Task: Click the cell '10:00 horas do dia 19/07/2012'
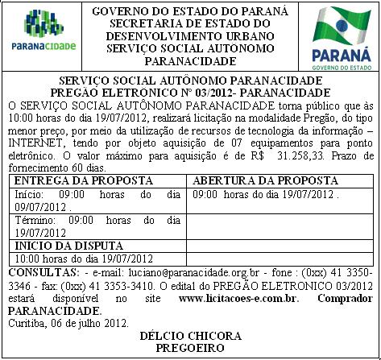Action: pyautogui.click(x=85, y=259)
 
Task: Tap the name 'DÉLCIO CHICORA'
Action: pyautogui.click(x=191, y=334)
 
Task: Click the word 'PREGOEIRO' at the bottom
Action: pyautogui.click(x=191, y=347)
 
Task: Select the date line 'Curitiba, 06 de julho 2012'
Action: pyautogui.click(x=68, y=322)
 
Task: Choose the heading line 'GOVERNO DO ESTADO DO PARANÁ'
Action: pyautogui.click(x=190, y=11)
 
